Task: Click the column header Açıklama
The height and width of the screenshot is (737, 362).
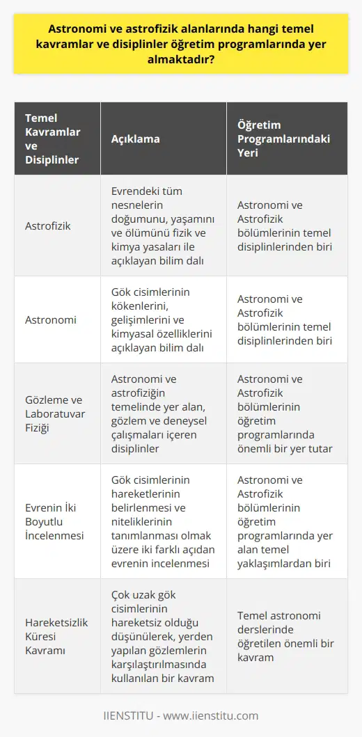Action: coord(135,138)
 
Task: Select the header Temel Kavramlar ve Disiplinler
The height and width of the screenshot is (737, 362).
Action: coord(52,138)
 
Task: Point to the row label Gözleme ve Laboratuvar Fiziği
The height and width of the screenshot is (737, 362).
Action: coord(52,413)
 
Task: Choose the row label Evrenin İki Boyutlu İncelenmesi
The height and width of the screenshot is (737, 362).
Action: coord(54,521)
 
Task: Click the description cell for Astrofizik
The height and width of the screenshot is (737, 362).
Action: coord(164,225)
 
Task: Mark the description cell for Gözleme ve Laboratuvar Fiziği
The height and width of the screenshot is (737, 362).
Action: coord(163,413)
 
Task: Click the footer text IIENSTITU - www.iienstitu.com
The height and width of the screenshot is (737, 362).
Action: coord(180,715)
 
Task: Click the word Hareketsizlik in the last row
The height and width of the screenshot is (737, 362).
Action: coord(57,622)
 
